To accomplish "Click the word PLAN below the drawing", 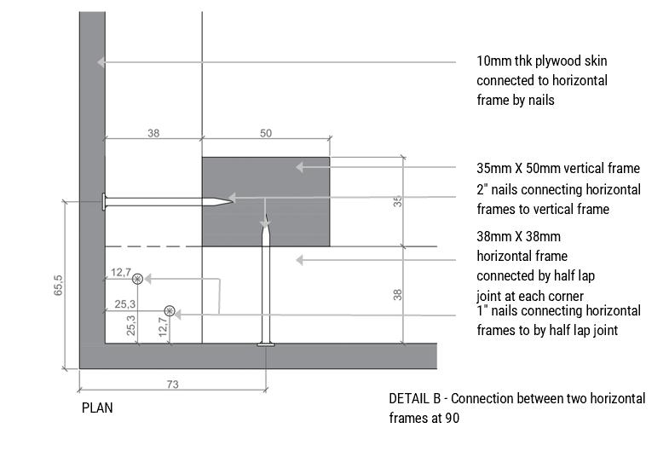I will (97, 408).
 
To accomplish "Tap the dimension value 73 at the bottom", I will (172, 385).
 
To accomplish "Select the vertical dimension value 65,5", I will (57, 286).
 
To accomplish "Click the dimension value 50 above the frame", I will (266, 133).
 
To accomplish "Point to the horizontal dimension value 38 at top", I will (153, 133).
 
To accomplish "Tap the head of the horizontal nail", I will (104, 202).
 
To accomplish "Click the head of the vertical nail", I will (266, 344).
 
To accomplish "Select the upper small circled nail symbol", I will (136, 279).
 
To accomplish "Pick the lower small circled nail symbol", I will (170, 311).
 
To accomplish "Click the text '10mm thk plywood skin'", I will (542, 61).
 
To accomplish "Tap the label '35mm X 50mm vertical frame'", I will (557, 168).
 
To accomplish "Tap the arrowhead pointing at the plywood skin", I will (101, 61).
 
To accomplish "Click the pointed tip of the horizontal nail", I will (230, 201).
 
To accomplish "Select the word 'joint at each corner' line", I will (529, 295).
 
